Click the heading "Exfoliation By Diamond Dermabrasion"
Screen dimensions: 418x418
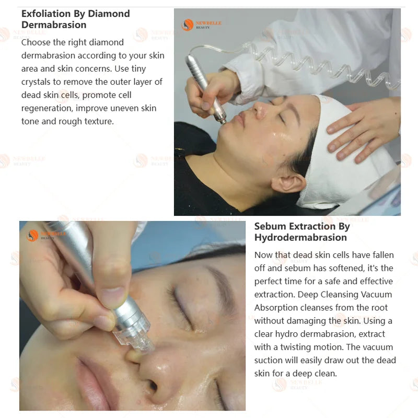(75, 19)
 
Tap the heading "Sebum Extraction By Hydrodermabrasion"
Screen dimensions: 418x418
(302, 231)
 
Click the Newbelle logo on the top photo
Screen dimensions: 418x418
(201, 25)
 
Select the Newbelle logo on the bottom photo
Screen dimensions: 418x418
(46, 236)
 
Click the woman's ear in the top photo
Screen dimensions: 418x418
(288, 183)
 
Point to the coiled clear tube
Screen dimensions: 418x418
(320, 64)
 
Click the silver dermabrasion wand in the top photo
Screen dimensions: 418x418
(205, 88)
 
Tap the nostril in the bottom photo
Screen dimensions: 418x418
(153, 385)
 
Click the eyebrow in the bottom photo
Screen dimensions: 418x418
(221, 288)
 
